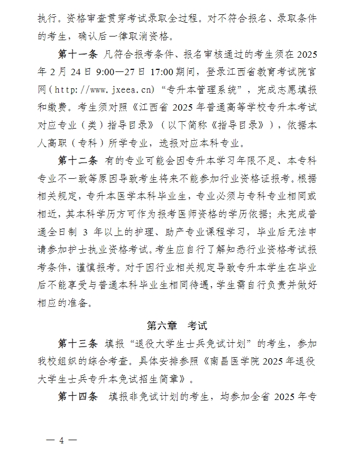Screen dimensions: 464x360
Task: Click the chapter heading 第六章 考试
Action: pyautogui.click(x=180, y=324)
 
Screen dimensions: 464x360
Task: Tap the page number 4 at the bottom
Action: pyautogui.click(x=61, y=440)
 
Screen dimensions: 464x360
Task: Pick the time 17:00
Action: pyautogui.click(x=174, y=72)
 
